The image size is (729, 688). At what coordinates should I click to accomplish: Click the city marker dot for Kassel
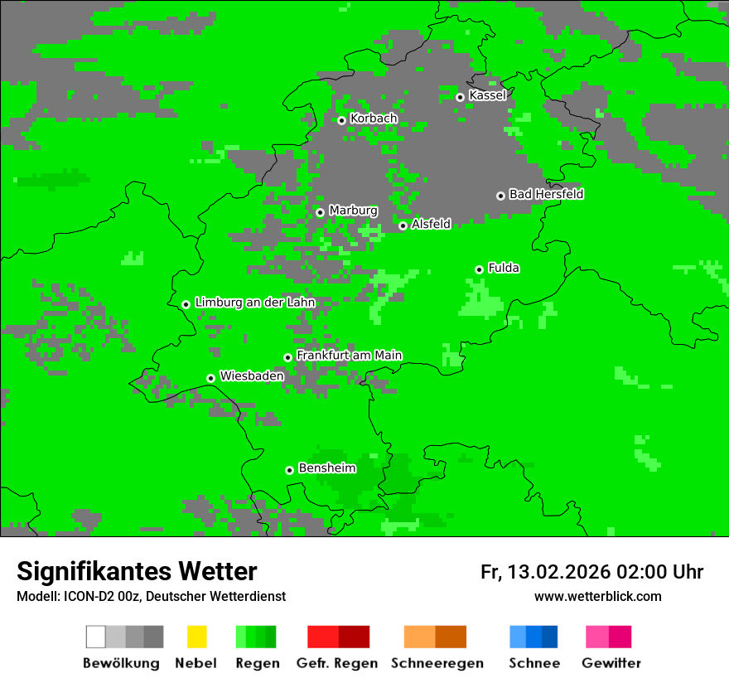pos(460,97)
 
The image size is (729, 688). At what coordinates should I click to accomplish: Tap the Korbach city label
pos(374,119)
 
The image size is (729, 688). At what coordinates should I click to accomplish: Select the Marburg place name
pos(353,211)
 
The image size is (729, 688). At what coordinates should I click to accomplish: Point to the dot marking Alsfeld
pos(403,225)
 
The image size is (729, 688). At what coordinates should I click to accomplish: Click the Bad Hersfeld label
pos(546,194)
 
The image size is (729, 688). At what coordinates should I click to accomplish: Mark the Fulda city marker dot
pos(479,269)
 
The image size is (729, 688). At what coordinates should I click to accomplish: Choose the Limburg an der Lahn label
pos(254,303)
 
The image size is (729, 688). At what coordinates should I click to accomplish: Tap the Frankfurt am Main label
pos(349,356)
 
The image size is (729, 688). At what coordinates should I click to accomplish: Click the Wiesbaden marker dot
pos(210,378)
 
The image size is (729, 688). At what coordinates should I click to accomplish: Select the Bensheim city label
pos(326,468)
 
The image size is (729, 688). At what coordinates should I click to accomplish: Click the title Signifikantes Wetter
pos(137,571)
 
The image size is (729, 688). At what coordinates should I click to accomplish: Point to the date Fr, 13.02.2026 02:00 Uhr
pos(591,572)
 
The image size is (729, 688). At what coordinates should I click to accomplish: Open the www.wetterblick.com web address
pos(597,596)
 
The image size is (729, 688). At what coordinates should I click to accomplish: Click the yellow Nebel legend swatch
pos(196,637)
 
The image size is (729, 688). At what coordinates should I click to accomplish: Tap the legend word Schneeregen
pos(437,663)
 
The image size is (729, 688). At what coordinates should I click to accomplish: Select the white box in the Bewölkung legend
pos(95,637)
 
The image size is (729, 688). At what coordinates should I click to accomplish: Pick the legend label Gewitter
pos(611,663)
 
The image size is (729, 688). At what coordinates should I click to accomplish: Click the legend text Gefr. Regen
pos(337,663)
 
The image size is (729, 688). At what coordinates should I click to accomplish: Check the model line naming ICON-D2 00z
pos(151,597)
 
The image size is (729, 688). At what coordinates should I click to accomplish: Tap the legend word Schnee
pos(533,663)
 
